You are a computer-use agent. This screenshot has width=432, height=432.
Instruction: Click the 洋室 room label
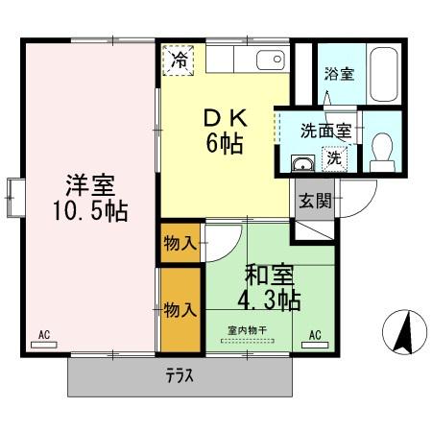pos(85,182)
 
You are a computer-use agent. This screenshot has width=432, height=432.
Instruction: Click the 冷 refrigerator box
pos(179,60)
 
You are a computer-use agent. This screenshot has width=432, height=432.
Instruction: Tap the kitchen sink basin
pos(271,60)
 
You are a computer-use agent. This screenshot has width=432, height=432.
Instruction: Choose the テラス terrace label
pos(178,377)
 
